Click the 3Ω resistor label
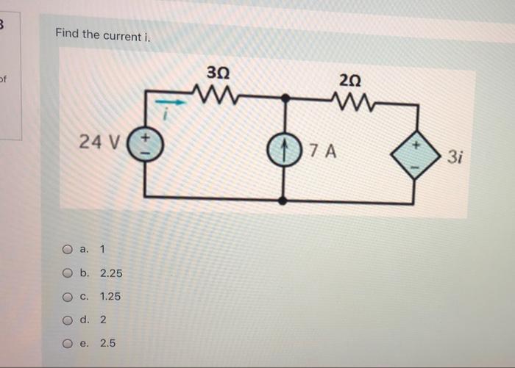pos(218,74)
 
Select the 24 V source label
pos(96,141)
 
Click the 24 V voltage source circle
pos(144,142)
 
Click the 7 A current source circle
pos(283,150)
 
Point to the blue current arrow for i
pos(168,103)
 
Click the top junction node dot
pos(285,97)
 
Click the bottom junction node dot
pos(284,200)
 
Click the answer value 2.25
pos(111,273)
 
